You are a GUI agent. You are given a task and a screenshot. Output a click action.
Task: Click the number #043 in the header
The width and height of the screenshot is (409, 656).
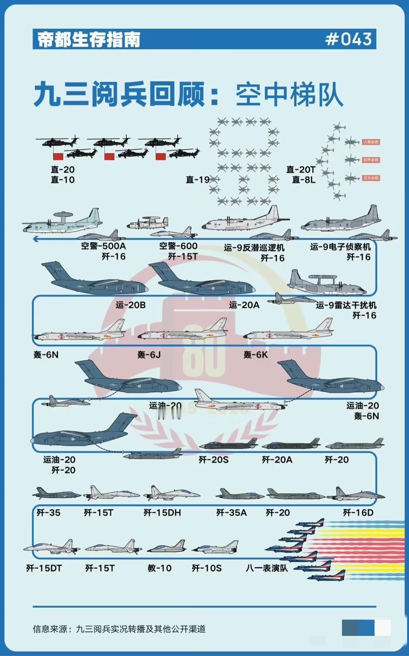pos(348,39)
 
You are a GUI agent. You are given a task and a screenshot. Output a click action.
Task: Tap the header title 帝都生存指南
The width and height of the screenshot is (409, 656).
pos(89,39)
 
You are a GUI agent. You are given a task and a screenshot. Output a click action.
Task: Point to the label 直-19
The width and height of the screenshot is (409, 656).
pos(197,179)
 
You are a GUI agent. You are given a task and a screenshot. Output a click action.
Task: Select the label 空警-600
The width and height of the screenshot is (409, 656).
pos(178,246)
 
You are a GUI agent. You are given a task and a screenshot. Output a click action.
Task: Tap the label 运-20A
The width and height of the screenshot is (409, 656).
pos(244,305)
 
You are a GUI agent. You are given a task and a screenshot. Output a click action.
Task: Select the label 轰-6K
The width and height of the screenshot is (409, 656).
pos(256,355)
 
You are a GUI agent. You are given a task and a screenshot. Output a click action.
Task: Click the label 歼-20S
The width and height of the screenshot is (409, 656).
pos(214,460)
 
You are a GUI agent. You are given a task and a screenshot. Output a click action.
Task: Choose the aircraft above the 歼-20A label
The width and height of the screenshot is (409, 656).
pos(291,444)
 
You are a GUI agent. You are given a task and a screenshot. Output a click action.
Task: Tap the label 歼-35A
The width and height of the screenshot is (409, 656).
pos(231,513)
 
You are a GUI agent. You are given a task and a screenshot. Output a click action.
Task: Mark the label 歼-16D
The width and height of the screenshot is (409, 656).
pos(358,513)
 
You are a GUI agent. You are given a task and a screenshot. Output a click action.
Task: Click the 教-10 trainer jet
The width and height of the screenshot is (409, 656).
pos(167,547)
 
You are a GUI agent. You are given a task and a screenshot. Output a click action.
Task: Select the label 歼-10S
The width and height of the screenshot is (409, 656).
pos(206,568)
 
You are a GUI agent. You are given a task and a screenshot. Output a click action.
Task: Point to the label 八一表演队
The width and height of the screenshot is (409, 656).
pos(267,568)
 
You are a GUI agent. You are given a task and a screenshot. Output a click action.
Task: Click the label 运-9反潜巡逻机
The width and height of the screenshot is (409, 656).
pos(254,248)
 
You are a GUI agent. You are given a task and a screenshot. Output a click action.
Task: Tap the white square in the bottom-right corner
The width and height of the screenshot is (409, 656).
pos(382,628)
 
